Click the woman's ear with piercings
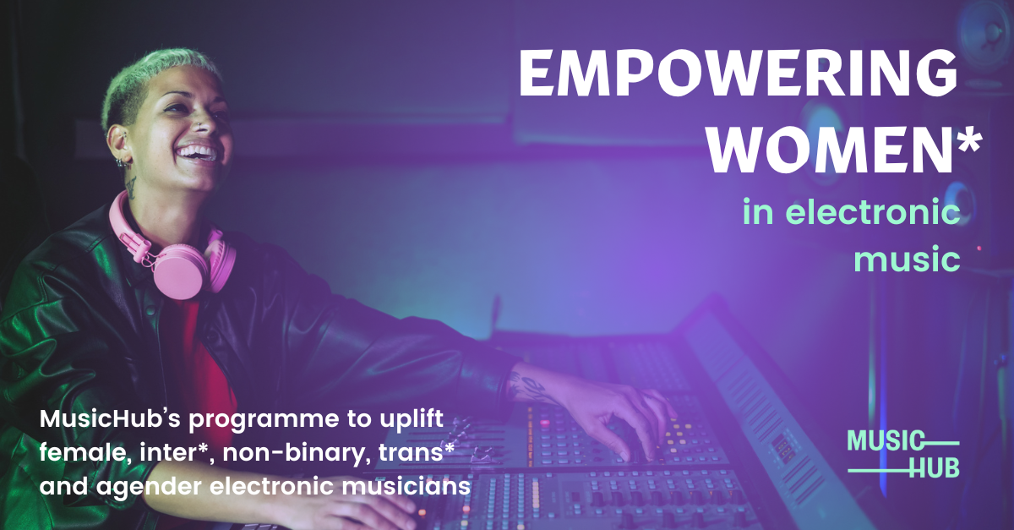(124, 148)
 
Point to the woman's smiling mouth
(196, 153)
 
